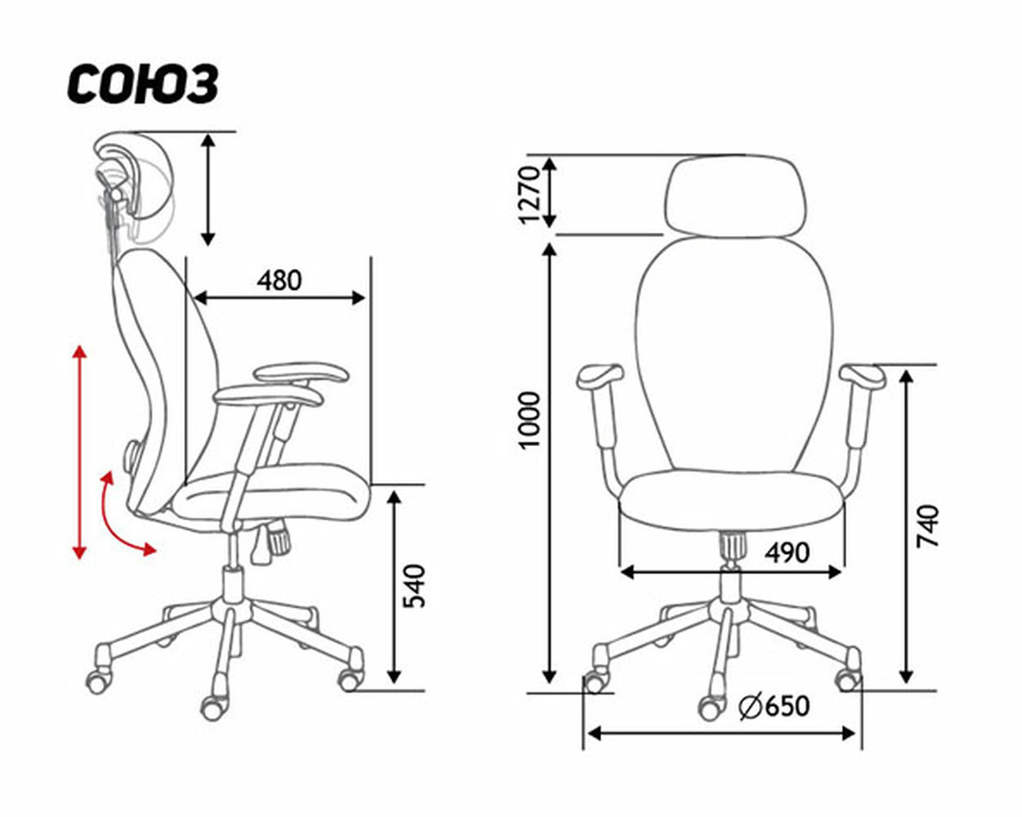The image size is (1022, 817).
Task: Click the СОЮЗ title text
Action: pos(143,85)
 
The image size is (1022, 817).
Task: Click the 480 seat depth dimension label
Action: pos(279,280)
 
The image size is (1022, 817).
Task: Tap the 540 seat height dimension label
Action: pos(413,586)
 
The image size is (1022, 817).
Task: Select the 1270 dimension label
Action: pos(529,194)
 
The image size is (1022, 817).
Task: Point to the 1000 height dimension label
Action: pos(529,420)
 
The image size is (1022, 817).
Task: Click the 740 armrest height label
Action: pos(927,526)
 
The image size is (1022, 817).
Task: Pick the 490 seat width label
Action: pos(787,553)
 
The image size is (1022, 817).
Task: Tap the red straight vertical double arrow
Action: pos(79,453)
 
